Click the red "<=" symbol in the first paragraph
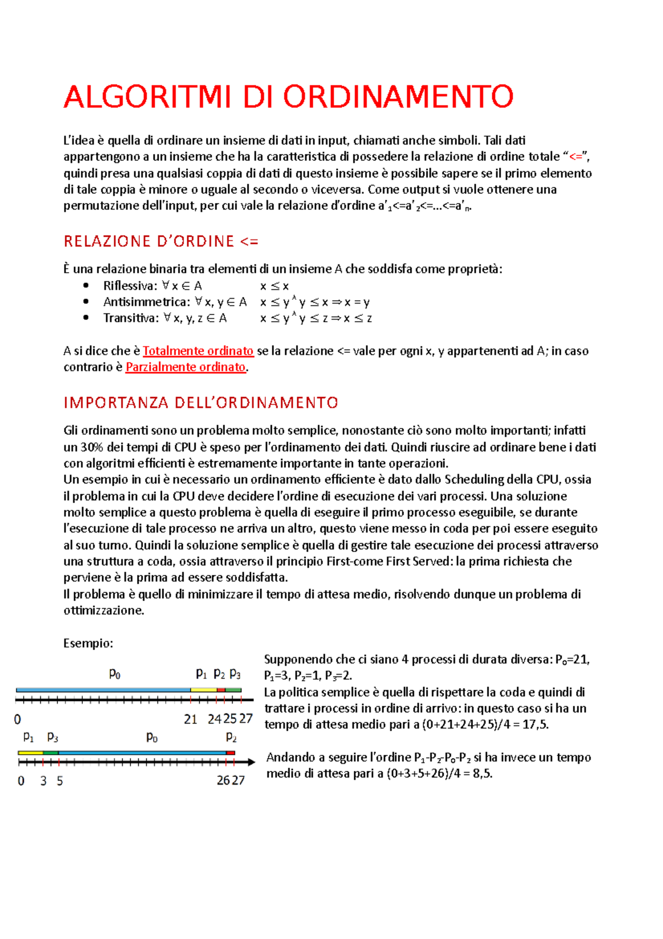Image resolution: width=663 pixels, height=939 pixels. pos(576,157)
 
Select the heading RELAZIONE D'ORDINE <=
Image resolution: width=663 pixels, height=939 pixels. pos(161,242)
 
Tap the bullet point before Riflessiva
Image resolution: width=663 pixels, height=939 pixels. pos(86,286)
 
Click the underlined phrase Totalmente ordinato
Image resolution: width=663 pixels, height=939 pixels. pos(198,351)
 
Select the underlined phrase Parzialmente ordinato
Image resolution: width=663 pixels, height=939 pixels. pos(185,367)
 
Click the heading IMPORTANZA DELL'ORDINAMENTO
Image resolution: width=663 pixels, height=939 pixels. pos(201,403)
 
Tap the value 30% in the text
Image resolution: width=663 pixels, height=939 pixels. pos(92,447)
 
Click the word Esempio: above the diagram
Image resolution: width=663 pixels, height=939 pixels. pos(88,643)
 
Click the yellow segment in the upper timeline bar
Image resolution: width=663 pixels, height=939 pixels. pos(203,690)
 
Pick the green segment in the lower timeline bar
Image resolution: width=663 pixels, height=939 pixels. pos(51,753)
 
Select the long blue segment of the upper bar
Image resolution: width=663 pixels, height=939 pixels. pos(103,690)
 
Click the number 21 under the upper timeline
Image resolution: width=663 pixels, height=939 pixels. pos(191,719)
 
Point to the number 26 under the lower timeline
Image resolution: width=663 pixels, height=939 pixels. pos(223,780)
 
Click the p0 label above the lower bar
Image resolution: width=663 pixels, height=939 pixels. pos(152,737)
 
